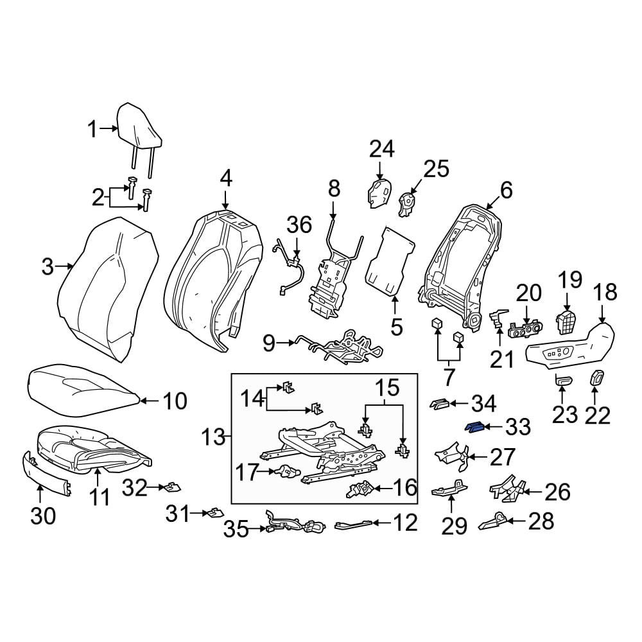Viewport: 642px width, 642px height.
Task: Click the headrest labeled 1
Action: [x=139, y=131]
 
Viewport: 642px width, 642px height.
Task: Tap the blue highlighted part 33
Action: [x=474, y=428]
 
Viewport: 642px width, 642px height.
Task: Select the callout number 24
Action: [x=381, y=150]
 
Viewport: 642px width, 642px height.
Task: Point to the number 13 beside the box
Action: [x=213, y=437]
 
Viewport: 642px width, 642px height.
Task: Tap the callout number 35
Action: [x=236, y=530]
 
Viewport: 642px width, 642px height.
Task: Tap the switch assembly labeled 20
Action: [x=525, y=329]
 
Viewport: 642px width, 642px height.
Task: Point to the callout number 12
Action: [x=405, y=523]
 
